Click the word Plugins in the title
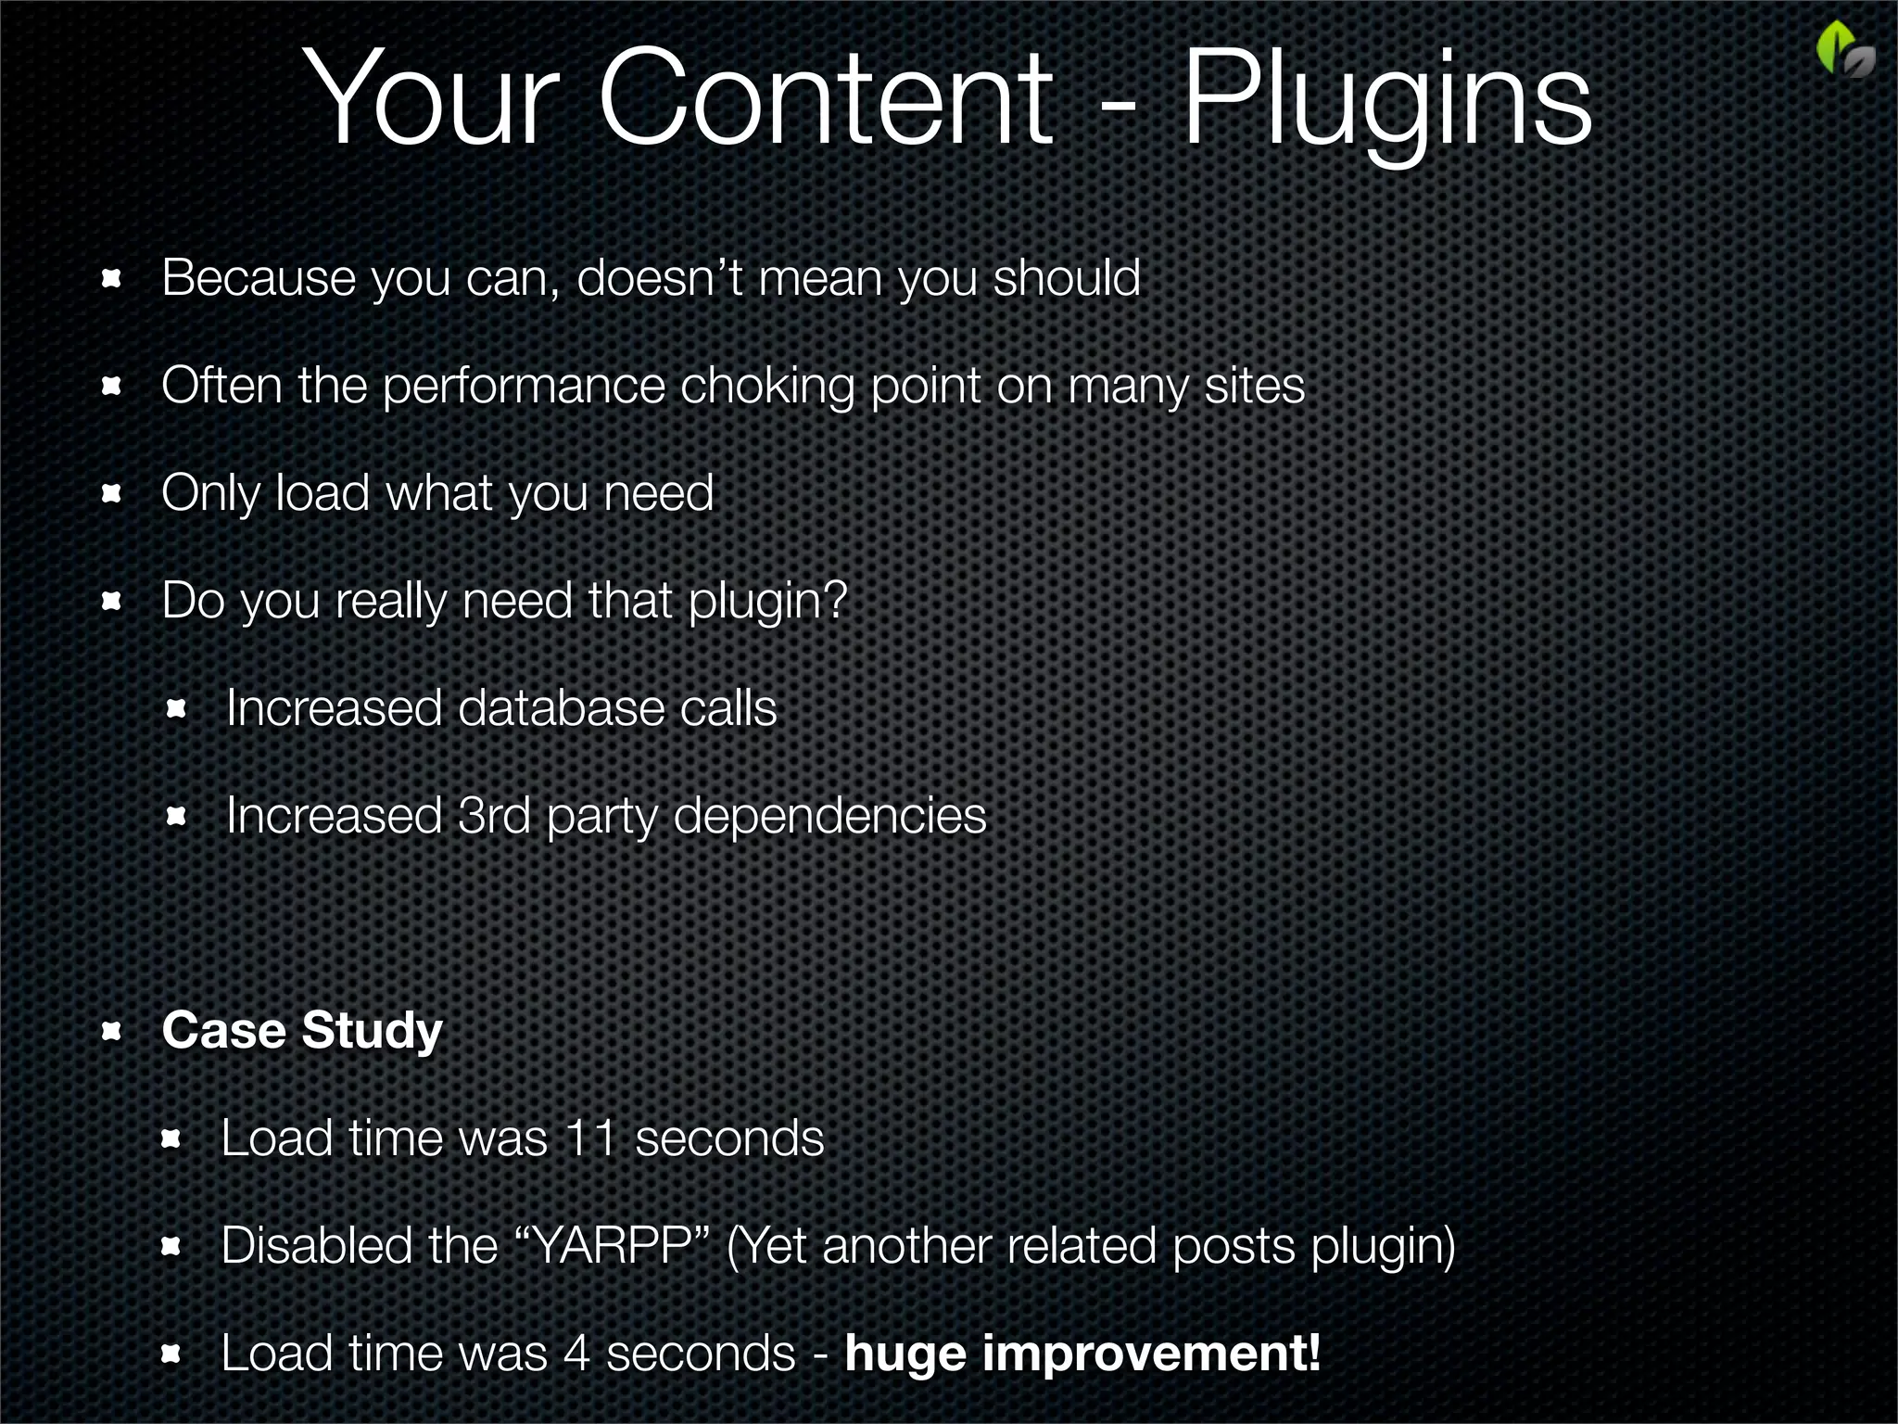tap(1387, 100)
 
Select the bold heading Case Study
tap(302, 1030)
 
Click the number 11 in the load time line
tap(590, 1138)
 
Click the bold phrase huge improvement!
tap(1082, 1353)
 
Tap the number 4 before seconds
tap(576, 1353)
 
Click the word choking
tap(767, 386)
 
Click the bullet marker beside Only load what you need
tap(112, 494)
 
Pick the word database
tap(561, 709)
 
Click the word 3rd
tap(494, 817)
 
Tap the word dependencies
tap(829, 817)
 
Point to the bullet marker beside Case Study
tap(112, 1031)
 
